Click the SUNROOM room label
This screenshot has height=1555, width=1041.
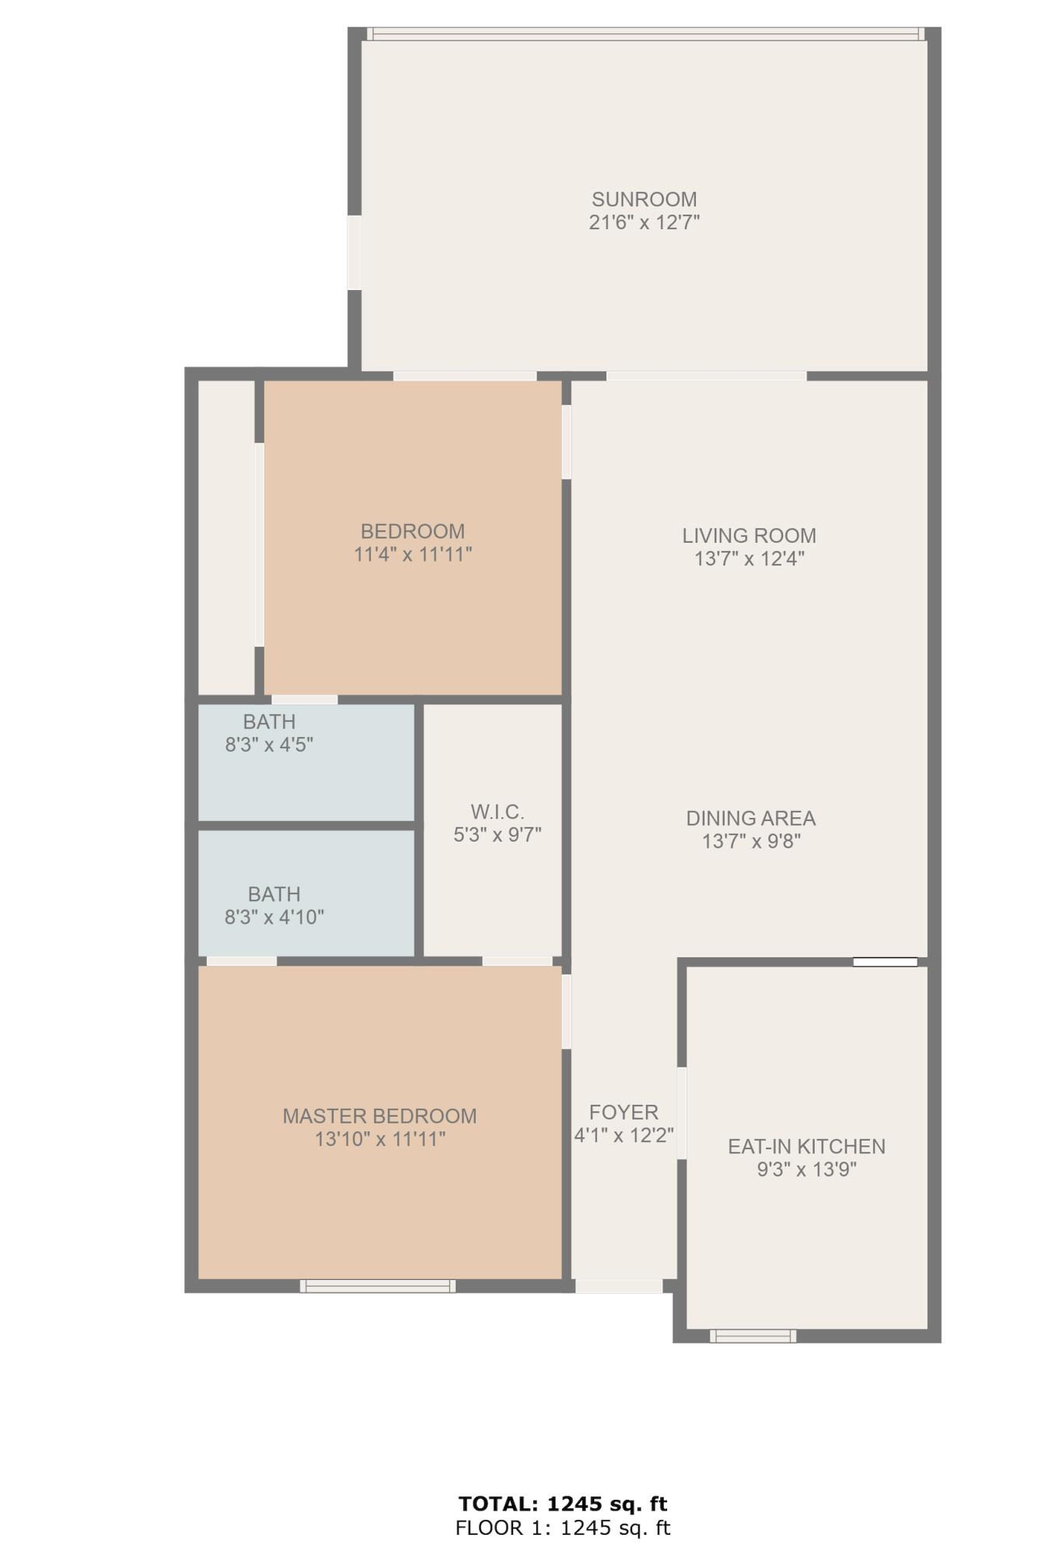[x=644, y=199]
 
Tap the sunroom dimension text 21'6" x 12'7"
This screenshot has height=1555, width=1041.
[x=644, y=222]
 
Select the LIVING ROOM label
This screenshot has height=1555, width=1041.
[x=749, y=536]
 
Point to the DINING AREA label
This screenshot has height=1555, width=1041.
[x=750, y=818]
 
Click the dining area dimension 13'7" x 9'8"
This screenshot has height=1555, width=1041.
[x=751, y=841]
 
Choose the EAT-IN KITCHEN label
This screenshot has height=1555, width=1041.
[x=806, y=1146]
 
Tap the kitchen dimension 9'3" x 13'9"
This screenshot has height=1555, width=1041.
[x=806, y=1169]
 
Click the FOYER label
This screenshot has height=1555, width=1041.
[x=624, y=1112]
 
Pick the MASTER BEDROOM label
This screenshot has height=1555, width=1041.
[x=379, y=1116]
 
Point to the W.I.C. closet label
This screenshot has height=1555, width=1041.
[x=497, y=812]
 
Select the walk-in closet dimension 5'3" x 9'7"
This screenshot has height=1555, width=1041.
[x=497, y=835]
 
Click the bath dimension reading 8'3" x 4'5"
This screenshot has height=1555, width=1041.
[x=269, y=745]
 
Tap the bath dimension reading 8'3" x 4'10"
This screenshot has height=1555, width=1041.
[x=274, y=917]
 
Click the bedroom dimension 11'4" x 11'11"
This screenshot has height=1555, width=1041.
[x=413, y=554]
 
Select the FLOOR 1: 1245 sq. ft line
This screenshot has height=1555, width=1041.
[x=563, y=1528]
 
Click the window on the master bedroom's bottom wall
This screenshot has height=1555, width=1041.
[x=378, y=1286]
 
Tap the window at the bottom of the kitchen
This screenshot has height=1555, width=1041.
[x=753, y=1336]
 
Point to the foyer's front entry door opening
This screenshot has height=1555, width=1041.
[x=619, y=1286]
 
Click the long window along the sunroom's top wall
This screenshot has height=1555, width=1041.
[x=644, y=34]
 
